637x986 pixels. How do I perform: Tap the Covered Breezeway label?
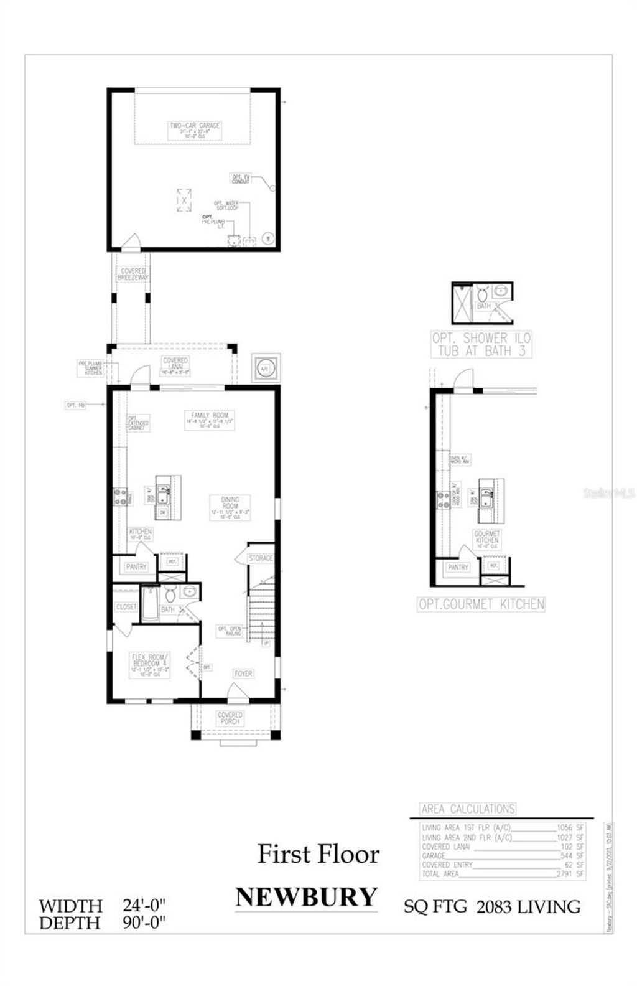133,275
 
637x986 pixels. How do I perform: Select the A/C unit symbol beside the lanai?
265,368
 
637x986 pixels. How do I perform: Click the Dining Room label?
230,507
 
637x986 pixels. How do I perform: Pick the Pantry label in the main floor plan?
136,567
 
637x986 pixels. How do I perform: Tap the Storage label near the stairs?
261,558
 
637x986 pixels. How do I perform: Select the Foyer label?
243,674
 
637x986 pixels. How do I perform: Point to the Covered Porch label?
230,718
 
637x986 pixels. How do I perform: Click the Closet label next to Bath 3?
126,607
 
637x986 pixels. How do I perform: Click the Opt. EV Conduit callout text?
241,179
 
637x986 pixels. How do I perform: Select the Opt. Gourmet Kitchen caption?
481,604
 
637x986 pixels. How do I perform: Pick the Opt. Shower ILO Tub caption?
481,344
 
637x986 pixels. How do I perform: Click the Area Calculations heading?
468,809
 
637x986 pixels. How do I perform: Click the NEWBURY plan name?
306,897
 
